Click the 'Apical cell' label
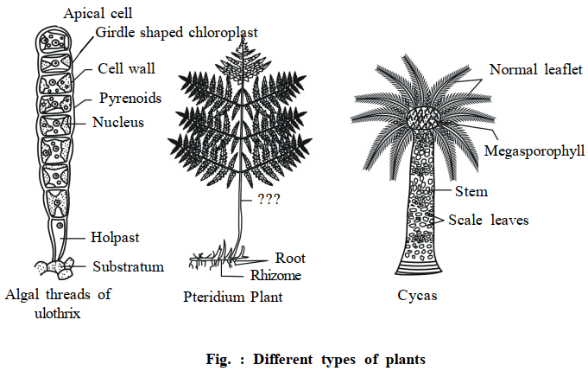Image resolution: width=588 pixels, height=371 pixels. [x=98, y=14]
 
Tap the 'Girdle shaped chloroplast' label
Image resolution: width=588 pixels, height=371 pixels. [x=177, y=33]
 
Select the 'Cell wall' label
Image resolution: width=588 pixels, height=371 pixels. [x=126, y=68]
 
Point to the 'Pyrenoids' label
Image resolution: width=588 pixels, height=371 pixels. [x=130, y=99]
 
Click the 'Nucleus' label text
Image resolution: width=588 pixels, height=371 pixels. [x=118, y=123]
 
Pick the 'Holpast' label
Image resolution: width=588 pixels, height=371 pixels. [x=115, y=238]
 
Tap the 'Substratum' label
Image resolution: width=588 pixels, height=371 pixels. [x=129, y=266]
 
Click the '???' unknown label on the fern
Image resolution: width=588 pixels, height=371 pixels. [x=269, y=199]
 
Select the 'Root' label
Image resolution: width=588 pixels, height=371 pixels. [x=290, y=258]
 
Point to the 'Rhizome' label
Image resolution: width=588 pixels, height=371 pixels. [x=275, y=275]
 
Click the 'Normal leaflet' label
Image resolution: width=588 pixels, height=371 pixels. [x=536, y=70]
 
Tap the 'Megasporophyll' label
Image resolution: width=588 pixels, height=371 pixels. [x=534, y=151]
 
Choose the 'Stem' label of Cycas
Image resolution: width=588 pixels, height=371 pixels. [x=471, y=191]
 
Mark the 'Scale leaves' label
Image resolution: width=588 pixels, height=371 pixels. [x=488, y=220]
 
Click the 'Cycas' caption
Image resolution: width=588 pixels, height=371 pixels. [x=417, y=296]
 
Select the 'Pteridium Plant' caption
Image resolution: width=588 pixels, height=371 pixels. [x=232, y=297]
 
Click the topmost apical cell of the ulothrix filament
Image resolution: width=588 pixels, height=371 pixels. [x=54, y=40]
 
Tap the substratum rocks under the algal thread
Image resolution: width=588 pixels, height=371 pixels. [x=54, y=268]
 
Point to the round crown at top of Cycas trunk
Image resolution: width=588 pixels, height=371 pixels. [x=423, y=118]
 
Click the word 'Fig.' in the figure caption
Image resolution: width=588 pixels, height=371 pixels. [x=218, y=360]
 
